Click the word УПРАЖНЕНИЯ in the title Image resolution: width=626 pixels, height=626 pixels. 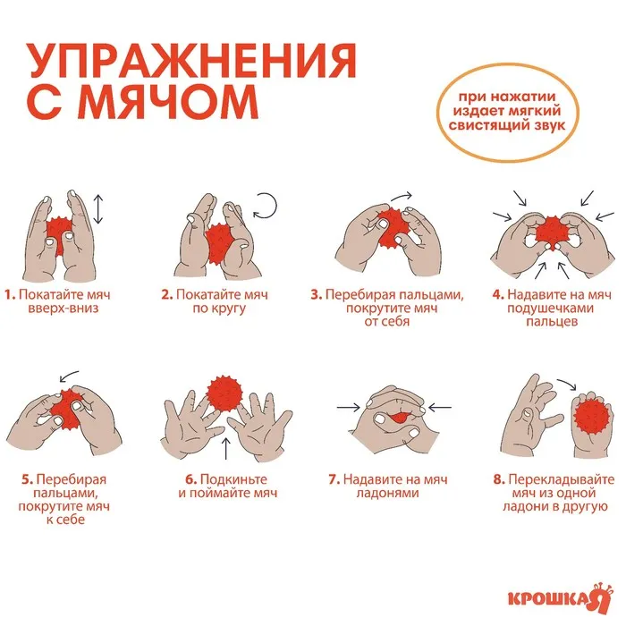click(190, 60)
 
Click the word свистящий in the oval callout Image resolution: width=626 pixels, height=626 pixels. click(486, 125)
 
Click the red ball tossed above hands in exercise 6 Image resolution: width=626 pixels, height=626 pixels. click(224, 393)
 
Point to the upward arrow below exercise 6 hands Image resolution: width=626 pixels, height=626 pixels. click(226, 448)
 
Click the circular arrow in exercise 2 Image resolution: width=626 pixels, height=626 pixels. click(265, 206)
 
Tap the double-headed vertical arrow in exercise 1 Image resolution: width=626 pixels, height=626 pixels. click(98, 209)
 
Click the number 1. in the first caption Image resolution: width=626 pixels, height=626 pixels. click(10, 295)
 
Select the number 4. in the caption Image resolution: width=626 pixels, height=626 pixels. click(498, 295)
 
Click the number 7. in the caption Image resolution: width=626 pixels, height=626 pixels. click(334, 479)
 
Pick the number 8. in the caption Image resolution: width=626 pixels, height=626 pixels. click(499, 479)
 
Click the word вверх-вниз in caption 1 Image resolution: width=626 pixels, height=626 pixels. click(63, 309)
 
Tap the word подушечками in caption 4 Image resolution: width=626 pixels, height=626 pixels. click(551, 309)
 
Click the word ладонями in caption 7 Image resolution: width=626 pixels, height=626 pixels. click(387, 493)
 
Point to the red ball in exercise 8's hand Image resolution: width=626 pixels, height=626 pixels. click(594, 418)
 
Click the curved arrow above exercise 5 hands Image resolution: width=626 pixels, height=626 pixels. click(69, 376)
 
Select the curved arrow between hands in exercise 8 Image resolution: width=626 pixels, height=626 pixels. click(567, 384)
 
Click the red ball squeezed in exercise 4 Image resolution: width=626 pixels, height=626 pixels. click(551, 233)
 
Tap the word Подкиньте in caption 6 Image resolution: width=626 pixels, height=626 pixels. click(233, 479)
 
